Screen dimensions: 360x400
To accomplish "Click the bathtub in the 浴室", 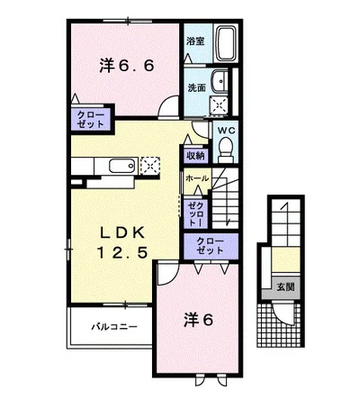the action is click(x=227, y=44).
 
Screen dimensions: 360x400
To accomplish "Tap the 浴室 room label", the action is click(x=195, y=41).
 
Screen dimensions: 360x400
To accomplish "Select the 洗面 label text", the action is click(x=196, y=87).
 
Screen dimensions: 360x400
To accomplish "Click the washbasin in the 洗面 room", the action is click(x=220, y=81).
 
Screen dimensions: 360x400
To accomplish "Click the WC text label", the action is click(x=226, y=131).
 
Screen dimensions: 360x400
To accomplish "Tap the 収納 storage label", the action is click(x=195, y=156).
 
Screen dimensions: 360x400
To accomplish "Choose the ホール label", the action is click(x=197, y=178).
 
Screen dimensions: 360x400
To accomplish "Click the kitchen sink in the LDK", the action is click(x=121, y=166).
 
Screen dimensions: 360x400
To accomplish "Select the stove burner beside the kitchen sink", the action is click(x=150, y=165).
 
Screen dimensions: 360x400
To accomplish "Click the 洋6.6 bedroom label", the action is click(x=126, y=66).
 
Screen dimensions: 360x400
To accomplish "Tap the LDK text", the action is click(x=122, y=233).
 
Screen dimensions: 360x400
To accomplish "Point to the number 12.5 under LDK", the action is click(x=122, y=252).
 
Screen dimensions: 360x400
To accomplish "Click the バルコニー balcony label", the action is click(x=114, y=326).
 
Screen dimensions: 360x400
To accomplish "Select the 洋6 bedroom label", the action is click(x=198, y=320).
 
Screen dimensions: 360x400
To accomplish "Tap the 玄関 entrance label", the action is click(x=285, y=287).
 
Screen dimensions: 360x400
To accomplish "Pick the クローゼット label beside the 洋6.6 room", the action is click(x=91, y=120).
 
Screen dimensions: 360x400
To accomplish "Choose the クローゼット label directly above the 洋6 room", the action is click(x=211, y=246).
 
